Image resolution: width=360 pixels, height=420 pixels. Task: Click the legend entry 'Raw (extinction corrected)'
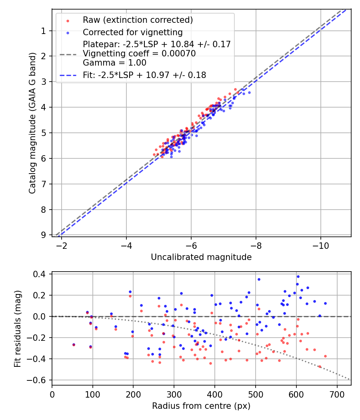coord(138,20)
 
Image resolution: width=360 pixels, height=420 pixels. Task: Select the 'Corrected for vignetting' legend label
coord(132,32)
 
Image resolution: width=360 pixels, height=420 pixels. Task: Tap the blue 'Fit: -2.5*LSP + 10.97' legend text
coord(144,75)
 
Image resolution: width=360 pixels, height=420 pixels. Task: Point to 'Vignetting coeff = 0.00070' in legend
coord(139,54)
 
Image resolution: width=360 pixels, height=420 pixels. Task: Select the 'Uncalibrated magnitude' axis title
coord(201,257)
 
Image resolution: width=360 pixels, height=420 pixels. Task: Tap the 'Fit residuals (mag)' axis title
coord(18,329)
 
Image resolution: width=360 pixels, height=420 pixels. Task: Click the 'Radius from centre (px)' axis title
coord(201,406)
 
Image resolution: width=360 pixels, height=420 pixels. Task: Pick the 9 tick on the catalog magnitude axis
coord(44,235)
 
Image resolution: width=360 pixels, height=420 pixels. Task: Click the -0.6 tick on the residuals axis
coord(39,380)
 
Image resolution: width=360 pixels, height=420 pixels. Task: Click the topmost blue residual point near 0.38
coord(298,276)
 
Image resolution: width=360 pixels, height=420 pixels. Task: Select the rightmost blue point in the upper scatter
coord(249,92)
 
